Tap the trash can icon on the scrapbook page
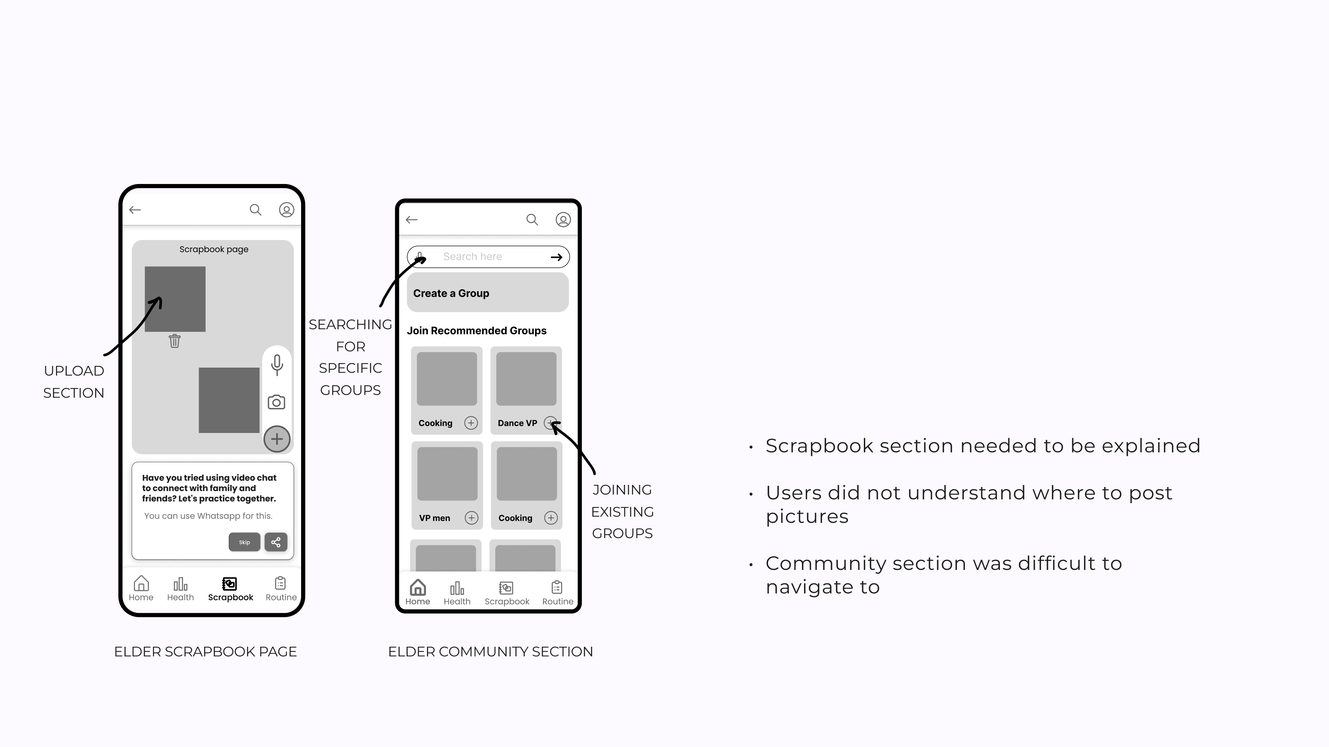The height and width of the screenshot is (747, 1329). pos(174,341)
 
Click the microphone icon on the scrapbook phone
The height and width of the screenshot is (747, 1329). pos(277,365)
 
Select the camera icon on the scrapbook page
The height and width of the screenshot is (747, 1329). pos(277,402)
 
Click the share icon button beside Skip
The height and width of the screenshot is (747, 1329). pos(276,542)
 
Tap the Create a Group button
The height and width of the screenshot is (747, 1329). pos(488,293)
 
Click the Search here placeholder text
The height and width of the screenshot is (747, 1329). pos(472,257)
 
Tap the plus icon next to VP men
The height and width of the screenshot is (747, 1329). pos(471,518)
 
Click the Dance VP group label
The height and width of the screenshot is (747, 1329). pos(517,423)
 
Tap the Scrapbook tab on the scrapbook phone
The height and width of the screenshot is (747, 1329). pos(230,589)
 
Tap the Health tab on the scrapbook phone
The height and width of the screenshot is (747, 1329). pos(180,589)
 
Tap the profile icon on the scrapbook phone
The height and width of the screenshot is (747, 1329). pos(286,210)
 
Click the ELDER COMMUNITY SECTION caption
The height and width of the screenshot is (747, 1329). pos(490,652)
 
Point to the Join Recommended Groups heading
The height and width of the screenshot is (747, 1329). pos(476,331)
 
